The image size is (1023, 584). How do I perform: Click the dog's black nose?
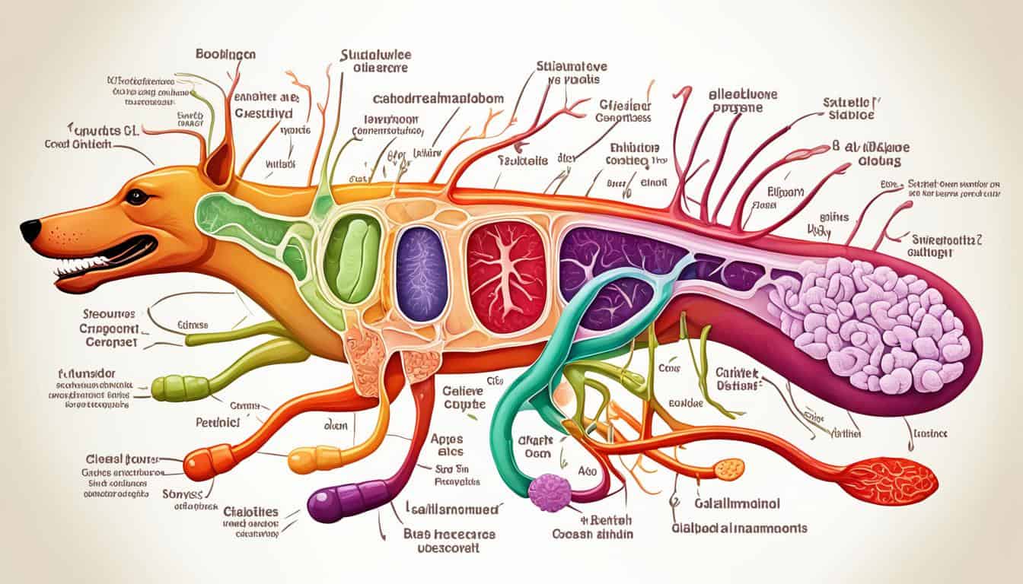tap(30, 230)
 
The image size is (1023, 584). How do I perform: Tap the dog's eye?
tap(137, 196)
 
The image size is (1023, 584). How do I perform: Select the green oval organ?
tap(352, 259)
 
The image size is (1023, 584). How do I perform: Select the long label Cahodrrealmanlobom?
tap(428, 100)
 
